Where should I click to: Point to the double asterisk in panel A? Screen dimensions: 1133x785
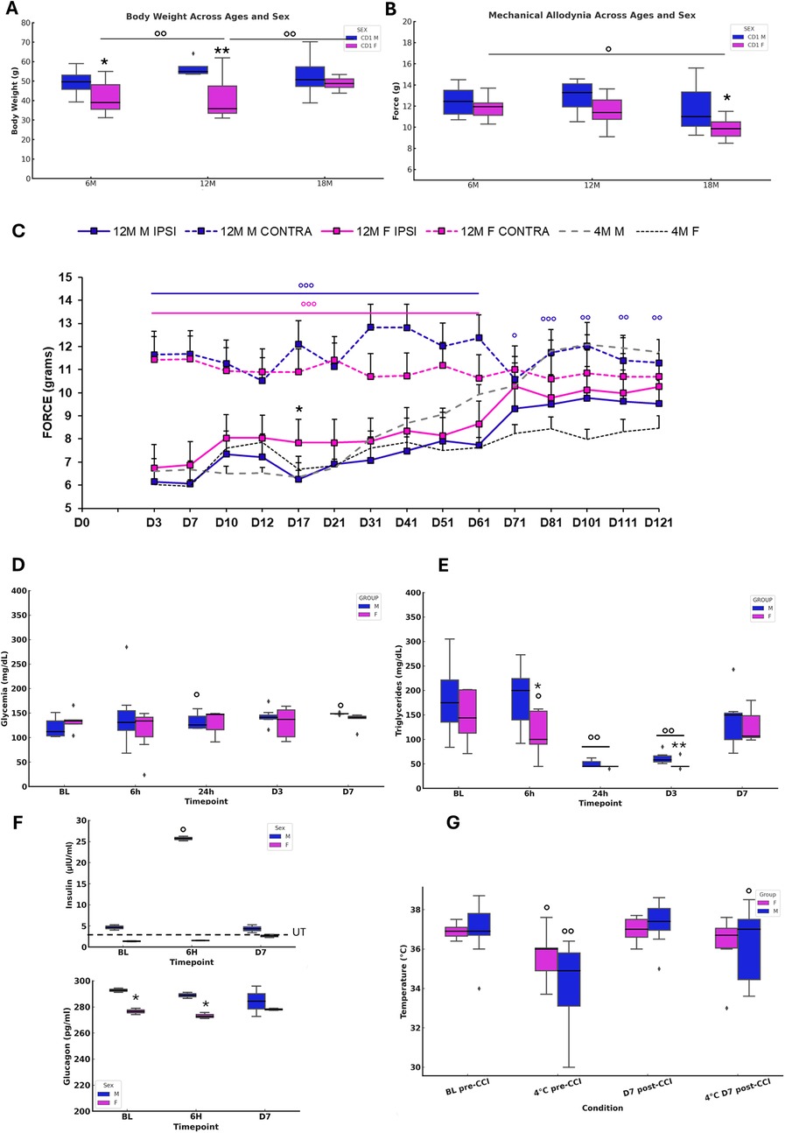click(222, 52)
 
